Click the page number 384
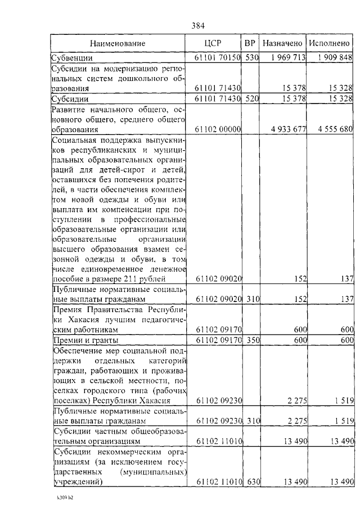pos(198,25)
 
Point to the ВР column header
pos(250,43)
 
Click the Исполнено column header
pos(330,43)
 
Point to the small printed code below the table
pos(64,498)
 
